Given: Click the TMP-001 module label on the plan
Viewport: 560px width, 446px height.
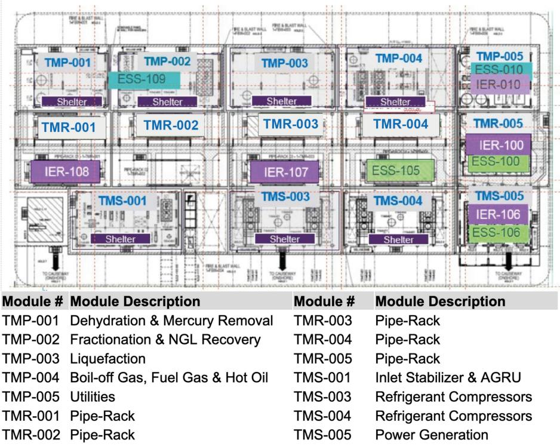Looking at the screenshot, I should pyautogui.click(x=66, y=62).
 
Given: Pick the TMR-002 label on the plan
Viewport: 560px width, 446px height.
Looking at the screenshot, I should pyautogui.click(x=171, y=126).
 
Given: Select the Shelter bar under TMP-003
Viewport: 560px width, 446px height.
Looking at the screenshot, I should pyautogui.click(x=281, y=101).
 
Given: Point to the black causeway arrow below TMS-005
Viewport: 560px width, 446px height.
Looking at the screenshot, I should pyautogui.click(x=509, y=260).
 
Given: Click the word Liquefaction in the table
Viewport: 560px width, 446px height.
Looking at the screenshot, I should pyautogui.click(x=108, y=359).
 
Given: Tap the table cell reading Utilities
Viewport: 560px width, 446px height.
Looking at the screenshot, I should pyautogui.click(x=93, y=396).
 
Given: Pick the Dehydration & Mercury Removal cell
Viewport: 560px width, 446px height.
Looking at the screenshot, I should pyautogui.click(x=171, y=321).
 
